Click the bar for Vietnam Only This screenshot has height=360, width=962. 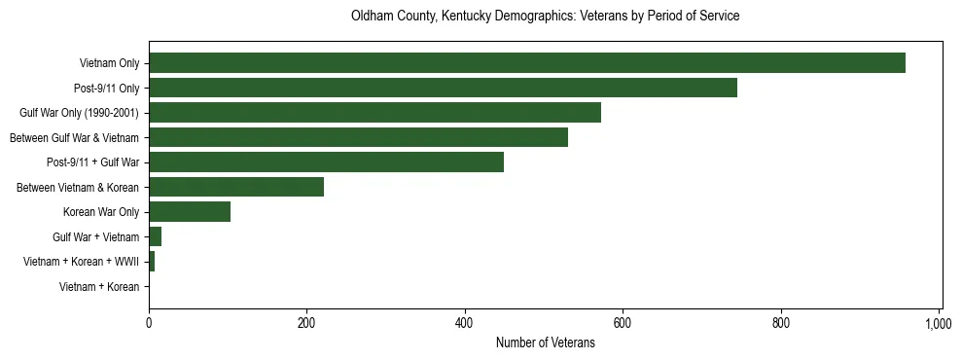tap(526, 63)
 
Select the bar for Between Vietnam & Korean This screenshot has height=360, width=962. tap(236, 187)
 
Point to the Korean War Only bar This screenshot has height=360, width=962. tap(190, 212)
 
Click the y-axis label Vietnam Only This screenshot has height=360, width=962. tap(109, 63)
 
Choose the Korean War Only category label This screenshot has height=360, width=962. tap(101, 212)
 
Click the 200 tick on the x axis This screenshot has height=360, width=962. tap(306, 323)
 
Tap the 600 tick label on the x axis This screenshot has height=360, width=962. tap(623, 323)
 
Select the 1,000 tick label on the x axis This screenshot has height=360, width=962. tap(938, 323)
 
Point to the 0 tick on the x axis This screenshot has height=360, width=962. tap(149, 323)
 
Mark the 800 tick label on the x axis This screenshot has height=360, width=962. tap(780, 323)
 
